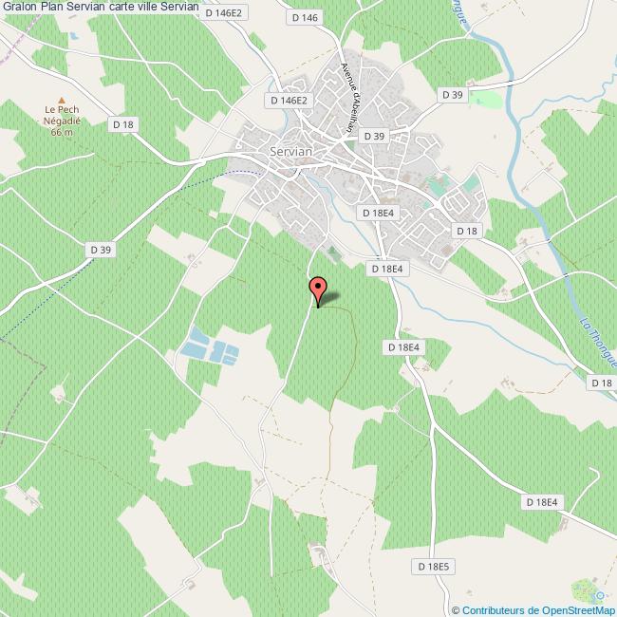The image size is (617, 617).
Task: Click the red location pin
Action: pos(318,289)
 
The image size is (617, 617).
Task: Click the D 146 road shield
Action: pos(309,18)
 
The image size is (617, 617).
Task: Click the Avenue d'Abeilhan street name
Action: pos(352,94)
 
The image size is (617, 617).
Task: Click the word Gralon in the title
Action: pos(19,8)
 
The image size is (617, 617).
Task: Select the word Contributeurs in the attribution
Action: pos(492,610)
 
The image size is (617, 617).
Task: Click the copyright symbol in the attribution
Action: pos(456,610)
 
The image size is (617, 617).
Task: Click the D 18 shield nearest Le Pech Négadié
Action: pos(124,123)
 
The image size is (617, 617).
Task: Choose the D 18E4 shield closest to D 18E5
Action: pos(543,502)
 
